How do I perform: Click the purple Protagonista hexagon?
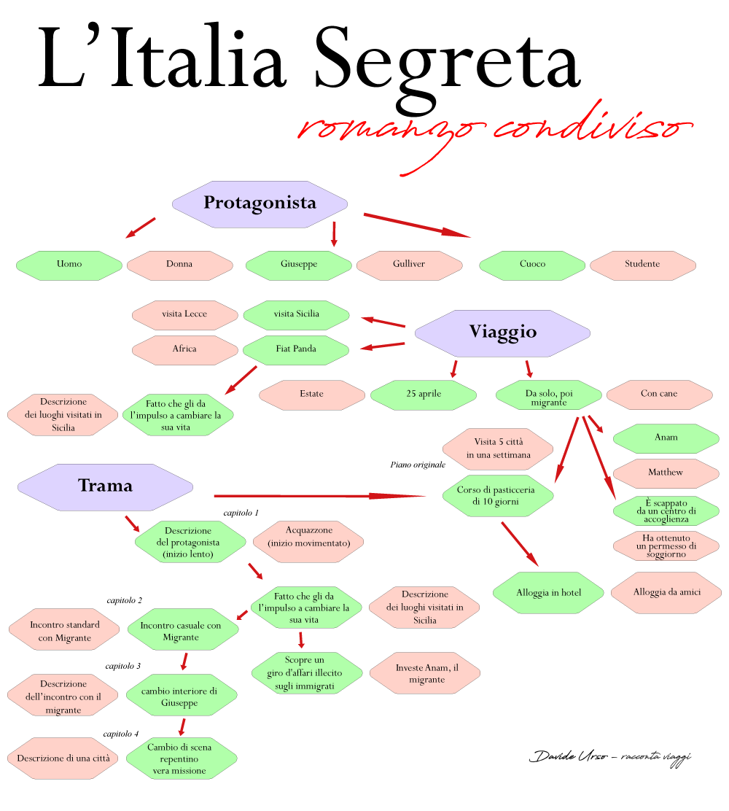tap(260, 203)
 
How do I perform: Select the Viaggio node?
tap(502, 333)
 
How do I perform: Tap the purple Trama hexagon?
tap(105, 486)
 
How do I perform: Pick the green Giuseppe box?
tap(298, 265)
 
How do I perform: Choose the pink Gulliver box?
tap(409, 265)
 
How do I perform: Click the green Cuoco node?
tap(532, 265)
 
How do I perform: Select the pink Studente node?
tap(642, 265)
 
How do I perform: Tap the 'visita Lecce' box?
tap(184, 314)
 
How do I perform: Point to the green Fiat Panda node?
tap(296, 349)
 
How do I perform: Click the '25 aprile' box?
tap(423, 395)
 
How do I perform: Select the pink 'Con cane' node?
tap(659, 395)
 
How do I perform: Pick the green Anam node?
tap(666, 438)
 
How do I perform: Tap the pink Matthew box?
tap(666, 473)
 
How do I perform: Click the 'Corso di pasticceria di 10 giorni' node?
tap(496, 496)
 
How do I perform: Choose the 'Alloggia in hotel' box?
tap(548, 593)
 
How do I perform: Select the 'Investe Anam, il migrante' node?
tap(426, 673)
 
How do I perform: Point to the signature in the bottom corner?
tap(610, 756)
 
